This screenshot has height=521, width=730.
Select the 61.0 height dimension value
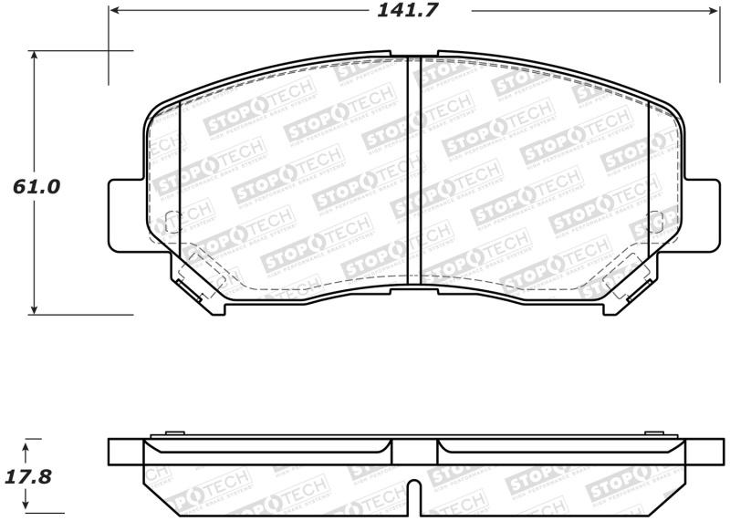(36, 186)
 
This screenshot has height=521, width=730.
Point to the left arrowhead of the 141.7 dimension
(114, 11)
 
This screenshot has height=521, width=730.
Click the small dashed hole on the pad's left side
(171, 221)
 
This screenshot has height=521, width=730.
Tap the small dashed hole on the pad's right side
(653, 221)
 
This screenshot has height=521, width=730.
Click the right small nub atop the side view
(652, 434)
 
